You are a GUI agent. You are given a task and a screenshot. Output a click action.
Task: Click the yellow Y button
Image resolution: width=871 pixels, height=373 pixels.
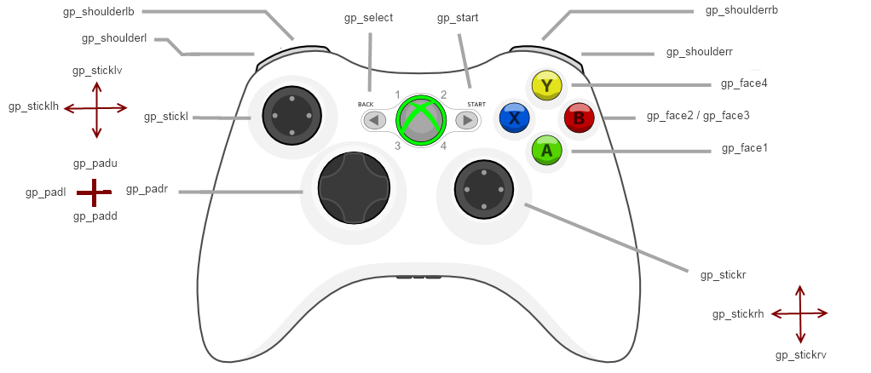[x=545, y=85]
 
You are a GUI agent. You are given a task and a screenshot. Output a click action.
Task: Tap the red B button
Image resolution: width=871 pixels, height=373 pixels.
[x=579, y=118]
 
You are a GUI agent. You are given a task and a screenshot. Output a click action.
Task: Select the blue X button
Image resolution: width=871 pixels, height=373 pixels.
[x=514, y=118]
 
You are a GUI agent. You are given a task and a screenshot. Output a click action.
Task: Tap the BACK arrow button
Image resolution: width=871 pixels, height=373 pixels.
[x=373, y=120]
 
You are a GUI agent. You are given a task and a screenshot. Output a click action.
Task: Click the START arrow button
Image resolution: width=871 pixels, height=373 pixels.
[x=467, y=120]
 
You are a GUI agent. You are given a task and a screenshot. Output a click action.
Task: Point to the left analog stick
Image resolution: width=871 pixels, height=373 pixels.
[x=291, y=115]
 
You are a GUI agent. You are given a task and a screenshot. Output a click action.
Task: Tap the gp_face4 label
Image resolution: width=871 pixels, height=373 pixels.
[x=744, y=83]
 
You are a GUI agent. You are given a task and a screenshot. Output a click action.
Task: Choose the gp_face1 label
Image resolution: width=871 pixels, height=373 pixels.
[x=744, y=148]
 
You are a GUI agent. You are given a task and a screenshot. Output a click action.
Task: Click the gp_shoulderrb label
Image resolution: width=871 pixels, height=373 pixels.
[x=741, y=10]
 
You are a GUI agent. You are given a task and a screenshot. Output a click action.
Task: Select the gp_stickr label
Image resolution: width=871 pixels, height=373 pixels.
[x=723, y=275]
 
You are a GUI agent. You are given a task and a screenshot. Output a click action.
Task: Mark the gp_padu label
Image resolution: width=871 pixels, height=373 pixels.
[x=95, y=163]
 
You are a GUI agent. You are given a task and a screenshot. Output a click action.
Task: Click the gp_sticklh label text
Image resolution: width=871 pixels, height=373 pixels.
[x=33, y=106]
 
